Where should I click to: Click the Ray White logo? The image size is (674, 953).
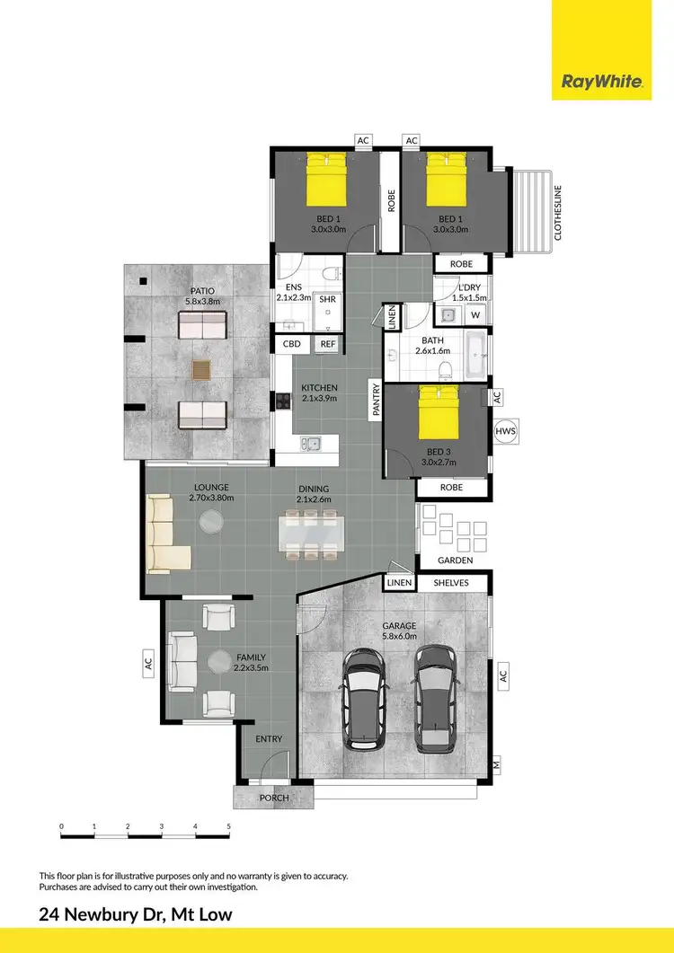602,83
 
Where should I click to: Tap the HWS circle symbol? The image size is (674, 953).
505,432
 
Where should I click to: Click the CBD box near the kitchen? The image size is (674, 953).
292,344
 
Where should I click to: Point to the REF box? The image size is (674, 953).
327,344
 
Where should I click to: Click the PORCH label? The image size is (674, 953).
273,798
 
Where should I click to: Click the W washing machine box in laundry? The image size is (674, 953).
474,316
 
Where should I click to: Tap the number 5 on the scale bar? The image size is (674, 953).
228,826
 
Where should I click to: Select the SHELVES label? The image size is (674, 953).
451,583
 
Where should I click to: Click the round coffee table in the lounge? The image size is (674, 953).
212,523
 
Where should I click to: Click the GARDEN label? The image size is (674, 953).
455,560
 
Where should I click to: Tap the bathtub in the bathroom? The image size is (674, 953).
474,346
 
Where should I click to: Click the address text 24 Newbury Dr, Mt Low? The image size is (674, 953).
136,914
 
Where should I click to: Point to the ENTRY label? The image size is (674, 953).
269,739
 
